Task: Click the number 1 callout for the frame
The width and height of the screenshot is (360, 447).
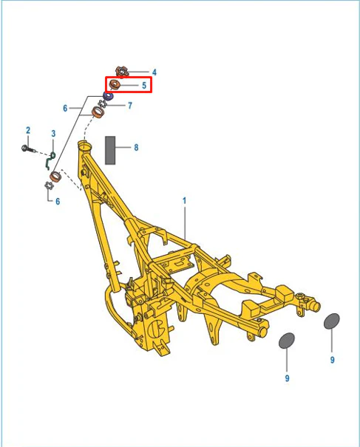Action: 184,201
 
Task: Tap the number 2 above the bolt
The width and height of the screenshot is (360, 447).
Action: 28,130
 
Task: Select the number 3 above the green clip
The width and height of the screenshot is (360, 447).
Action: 53,134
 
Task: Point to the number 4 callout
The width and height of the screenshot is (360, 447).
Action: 154,72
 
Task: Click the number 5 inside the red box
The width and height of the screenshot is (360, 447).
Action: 144,85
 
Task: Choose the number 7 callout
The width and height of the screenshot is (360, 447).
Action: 130,106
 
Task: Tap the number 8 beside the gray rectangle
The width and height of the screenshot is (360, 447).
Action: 136,147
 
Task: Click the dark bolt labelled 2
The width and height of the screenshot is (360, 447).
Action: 29,149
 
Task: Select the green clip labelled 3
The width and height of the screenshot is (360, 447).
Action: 50,161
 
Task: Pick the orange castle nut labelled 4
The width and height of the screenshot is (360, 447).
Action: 122,72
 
